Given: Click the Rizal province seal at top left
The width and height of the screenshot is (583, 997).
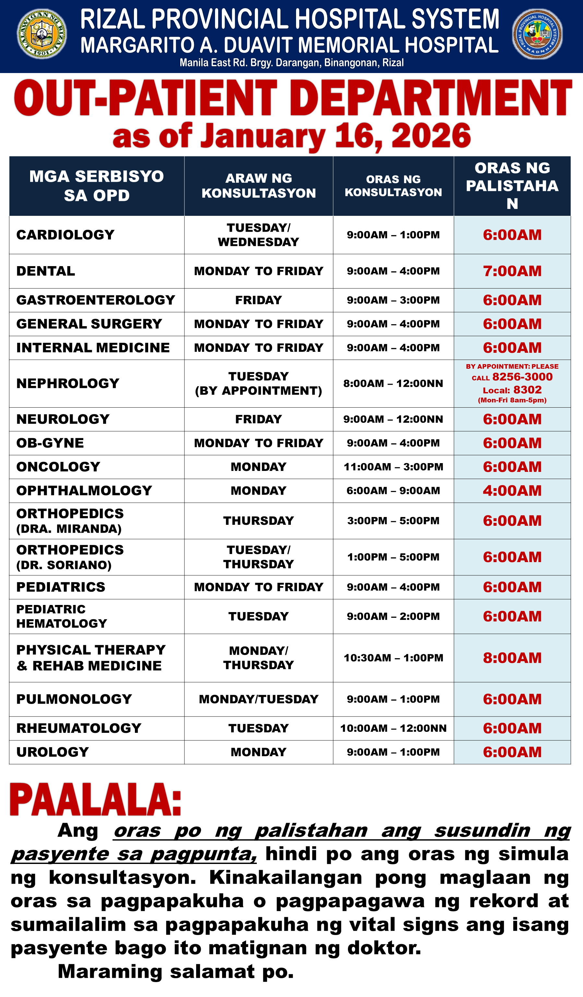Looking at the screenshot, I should (42, 34).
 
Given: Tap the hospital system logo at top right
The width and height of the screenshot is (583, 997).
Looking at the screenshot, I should (537, 34).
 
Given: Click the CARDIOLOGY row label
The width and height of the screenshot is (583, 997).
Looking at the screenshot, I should (65, 235).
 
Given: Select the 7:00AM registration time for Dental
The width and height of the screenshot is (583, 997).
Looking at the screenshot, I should (512, 271).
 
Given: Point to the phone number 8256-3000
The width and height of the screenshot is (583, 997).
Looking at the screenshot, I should (522, 377).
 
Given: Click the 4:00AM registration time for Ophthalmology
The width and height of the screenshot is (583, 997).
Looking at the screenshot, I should (512, 491).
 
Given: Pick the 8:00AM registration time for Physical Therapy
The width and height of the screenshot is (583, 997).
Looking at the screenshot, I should (512, 658).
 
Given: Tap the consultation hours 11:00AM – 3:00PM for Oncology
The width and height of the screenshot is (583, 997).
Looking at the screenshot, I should (393, 467).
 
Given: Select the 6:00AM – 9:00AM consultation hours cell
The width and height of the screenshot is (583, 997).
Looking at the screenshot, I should (393, 491).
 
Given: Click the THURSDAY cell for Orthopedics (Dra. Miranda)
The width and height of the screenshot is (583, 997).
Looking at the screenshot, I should (258, 521).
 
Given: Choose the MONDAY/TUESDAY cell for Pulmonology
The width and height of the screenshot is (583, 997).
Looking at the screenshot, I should (258, 699).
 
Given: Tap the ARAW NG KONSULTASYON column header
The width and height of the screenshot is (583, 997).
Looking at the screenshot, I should (258, 186).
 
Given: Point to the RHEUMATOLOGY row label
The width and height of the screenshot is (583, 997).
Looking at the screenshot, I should (79, 728).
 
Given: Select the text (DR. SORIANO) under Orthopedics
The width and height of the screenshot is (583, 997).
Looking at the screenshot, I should (64, 565).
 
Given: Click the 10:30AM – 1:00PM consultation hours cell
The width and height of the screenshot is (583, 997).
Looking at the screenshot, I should (393, 658).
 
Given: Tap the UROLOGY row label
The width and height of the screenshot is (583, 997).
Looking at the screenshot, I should (53, 752).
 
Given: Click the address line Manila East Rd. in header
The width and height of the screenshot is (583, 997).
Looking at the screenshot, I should (291, 63).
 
